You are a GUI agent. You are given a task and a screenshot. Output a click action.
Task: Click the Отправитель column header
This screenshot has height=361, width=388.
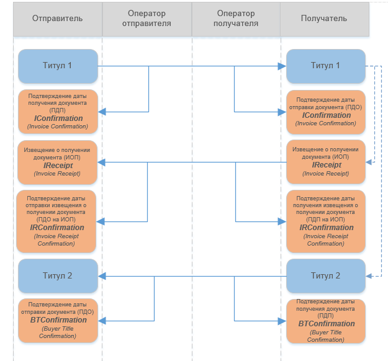57,18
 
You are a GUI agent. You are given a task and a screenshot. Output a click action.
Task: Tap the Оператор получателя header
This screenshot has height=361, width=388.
237,18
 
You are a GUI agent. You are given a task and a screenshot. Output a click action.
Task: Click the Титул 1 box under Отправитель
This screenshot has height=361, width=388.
58,66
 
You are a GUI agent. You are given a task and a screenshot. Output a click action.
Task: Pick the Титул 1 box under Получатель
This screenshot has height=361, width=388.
325,66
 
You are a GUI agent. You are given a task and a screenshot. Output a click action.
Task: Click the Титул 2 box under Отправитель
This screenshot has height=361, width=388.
58,275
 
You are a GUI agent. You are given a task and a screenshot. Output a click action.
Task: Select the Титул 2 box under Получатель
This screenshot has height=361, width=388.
325,275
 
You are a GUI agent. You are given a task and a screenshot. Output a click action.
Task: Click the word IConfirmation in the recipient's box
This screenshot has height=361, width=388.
327,115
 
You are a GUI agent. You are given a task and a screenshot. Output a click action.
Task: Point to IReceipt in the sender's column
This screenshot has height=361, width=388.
58,166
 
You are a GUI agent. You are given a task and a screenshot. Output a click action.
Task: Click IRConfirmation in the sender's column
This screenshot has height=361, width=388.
57,228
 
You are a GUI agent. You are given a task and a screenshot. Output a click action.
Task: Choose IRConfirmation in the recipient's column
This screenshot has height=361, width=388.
326,228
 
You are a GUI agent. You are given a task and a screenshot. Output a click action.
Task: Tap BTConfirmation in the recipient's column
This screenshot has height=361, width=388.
326,324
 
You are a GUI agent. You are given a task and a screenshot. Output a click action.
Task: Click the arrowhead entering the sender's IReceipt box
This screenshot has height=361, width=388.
102,162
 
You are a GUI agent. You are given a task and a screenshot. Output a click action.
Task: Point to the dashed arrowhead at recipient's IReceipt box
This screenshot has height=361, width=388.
368,162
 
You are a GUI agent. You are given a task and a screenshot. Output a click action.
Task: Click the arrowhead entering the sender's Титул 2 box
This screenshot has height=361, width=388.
102,276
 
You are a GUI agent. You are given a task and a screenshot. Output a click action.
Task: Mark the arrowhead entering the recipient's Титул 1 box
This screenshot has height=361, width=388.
282,66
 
